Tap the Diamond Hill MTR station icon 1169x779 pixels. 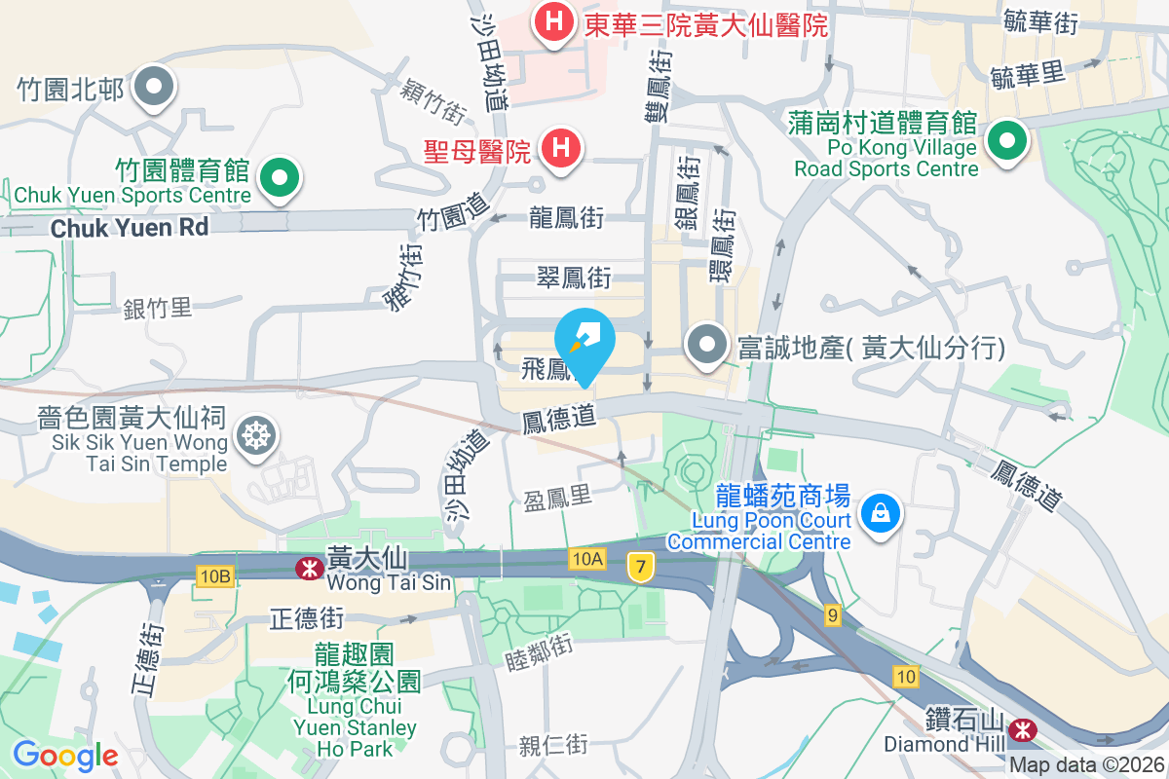coord(1023,728)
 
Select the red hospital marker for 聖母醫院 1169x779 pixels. coord(561,149)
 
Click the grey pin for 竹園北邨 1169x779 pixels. coord(153,87)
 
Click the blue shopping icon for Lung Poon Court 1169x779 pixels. coord(881,511)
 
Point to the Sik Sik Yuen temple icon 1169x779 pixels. coord(255,435)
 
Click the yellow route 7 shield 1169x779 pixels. coord(639,566)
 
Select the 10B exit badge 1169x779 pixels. coord(214,576)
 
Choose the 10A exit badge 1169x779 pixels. coord(588,558)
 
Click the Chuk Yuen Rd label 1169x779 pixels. coord(130,228)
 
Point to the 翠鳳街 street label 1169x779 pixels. coord(574,278)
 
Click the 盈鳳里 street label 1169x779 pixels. coord(557,498)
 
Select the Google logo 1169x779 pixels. coord(65,755)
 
